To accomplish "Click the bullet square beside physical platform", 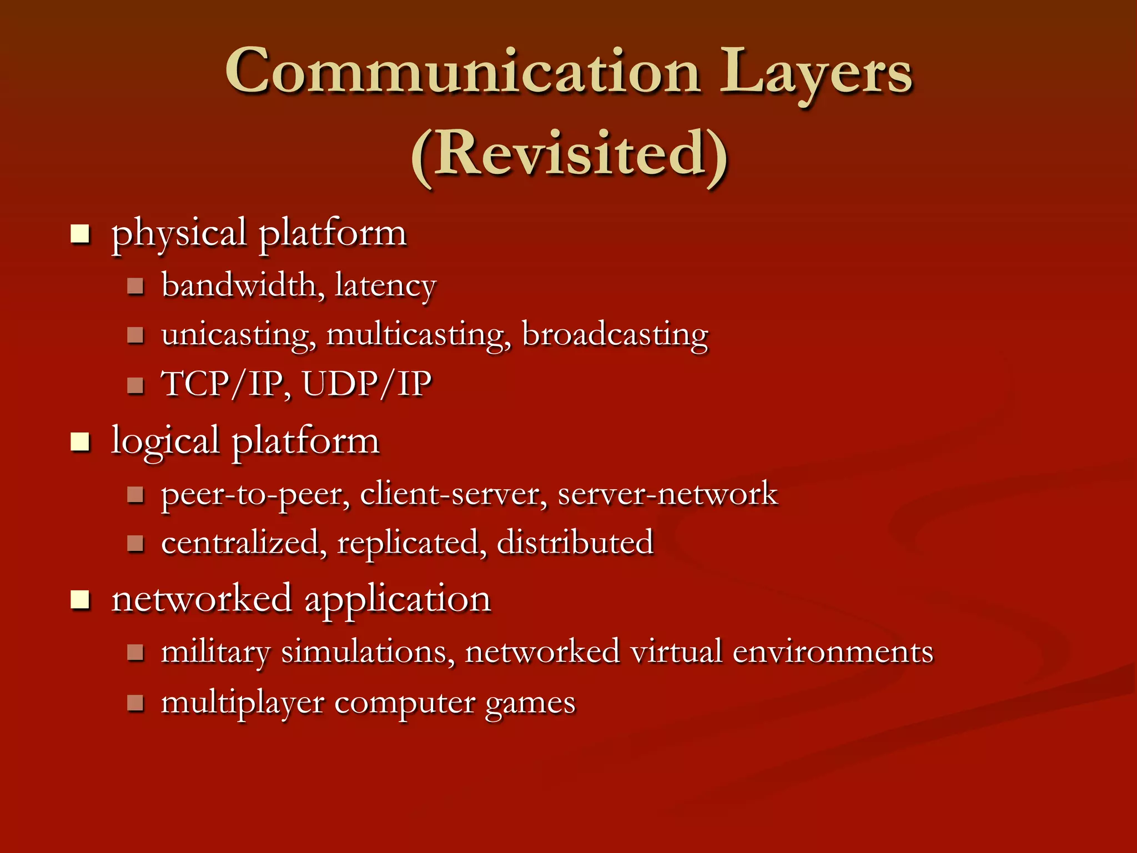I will pyautogui.click(x=80, y=234).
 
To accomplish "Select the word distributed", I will pyautogui.click(x=575, y=542).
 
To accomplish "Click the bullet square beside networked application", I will pyautogui.click(x=80, y=600).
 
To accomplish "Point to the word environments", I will pyautogui.click(x=833, y=651).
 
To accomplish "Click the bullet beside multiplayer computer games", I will pyautogui.click(x=135, y=703).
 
